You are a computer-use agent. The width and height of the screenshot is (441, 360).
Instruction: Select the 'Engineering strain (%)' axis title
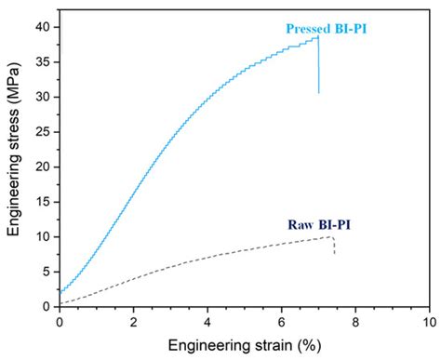(244, 345)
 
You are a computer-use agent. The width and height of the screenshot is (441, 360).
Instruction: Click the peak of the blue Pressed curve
(318, 37)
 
